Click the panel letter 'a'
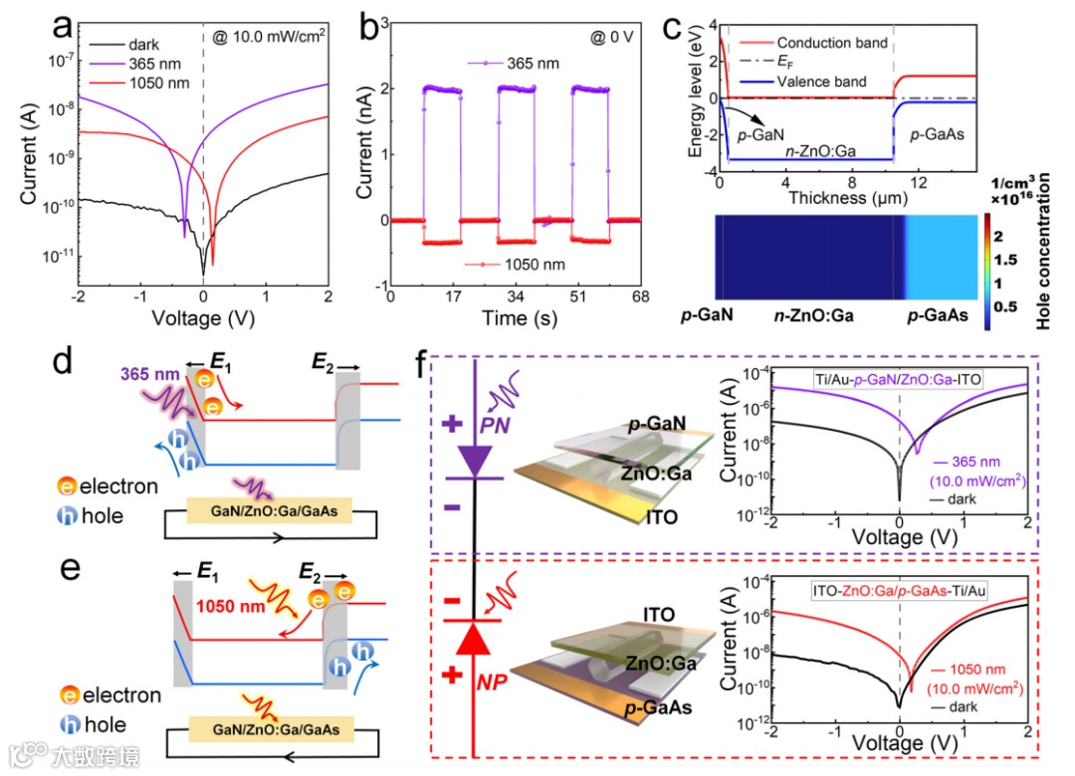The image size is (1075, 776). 63,30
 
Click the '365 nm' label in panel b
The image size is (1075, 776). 530,64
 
